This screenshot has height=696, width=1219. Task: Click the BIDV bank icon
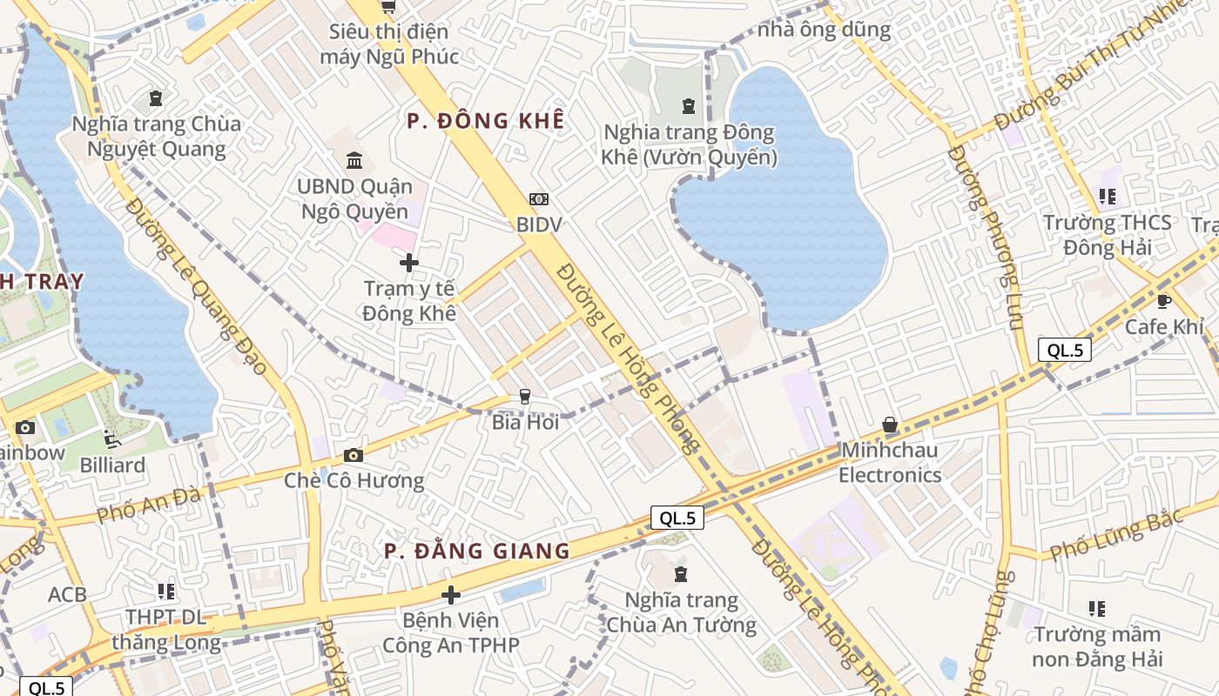(x=539, y=199)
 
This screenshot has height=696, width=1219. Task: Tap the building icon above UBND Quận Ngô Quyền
(x=354, y=160)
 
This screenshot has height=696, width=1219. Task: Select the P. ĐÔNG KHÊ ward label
(x=485, y=121)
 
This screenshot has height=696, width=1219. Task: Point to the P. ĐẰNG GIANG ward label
(x=477, y=551)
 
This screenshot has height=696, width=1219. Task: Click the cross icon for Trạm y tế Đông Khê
(x=408, y=262)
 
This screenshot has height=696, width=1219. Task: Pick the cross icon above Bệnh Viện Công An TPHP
(x=450, y=595)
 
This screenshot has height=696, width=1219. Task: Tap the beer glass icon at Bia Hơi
(x=524, y=397)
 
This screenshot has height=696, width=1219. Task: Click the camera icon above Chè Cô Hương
(x=353, y=455)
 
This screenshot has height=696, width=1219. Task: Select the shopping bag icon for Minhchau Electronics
(x=890, y=425)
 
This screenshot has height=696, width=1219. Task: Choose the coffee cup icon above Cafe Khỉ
(x=1163, y=301)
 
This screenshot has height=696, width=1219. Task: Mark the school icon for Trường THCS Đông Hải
(x=1107, y=197)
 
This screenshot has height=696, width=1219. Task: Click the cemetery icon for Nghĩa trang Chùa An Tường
(x=680, y=574)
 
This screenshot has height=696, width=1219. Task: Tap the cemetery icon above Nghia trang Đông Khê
(x=689, y=107)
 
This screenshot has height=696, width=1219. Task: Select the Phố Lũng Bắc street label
(x=1116, y=533)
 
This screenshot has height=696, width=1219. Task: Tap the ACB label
(x=67, y=595)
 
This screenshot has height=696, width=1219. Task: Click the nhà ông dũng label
(x=824, y=30)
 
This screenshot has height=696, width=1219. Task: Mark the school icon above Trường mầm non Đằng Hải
(x=1096, y=608)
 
